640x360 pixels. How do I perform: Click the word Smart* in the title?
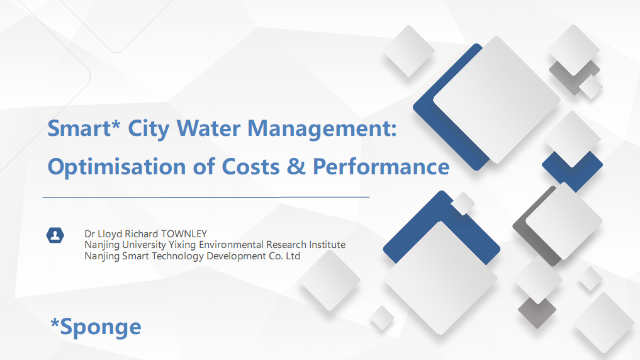tap(84, 128)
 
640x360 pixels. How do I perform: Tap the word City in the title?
tap(149, 129)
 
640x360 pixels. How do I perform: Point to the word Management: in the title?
tap(322, 129)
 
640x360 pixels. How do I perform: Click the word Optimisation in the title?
tap(116, 167)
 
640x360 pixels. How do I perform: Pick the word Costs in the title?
tap(250, 167)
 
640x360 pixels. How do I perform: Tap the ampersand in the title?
tap(296, 167)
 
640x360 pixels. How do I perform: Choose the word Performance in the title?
tap(381, 167)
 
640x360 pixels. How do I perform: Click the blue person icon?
tap(55, 235)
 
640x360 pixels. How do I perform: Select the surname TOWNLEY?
tap(184, 234)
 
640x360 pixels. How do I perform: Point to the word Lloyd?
tap(109, 234)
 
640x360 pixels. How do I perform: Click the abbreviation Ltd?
tap(293, 256)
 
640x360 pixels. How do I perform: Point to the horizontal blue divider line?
tap(206, 197)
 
